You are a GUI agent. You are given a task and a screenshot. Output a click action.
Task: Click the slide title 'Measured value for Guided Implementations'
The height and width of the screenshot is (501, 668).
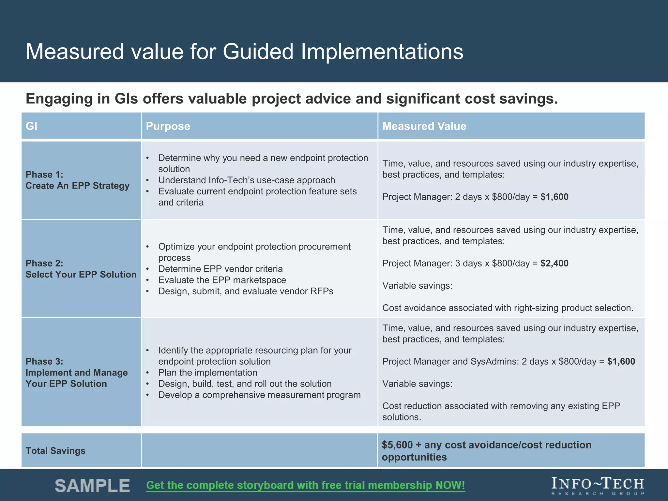[244, 52]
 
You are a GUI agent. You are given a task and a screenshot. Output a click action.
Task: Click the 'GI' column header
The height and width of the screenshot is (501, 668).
[32, 126]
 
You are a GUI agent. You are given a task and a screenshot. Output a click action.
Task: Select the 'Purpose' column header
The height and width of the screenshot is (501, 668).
[168, 126]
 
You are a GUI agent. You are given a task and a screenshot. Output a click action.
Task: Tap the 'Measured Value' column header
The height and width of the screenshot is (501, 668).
[424, 126]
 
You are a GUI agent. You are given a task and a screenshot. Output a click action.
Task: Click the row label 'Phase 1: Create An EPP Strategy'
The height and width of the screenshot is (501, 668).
[77, 180]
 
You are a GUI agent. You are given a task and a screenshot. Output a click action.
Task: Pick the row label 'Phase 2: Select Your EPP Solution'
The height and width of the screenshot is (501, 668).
[81, 269]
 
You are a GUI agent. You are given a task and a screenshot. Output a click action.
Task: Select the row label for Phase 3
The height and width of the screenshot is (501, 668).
[76, 372]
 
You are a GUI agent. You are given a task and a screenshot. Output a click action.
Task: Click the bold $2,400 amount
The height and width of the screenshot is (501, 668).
[554, 263]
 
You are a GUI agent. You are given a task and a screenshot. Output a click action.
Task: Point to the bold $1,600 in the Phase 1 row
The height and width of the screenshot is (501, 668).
[554, 197]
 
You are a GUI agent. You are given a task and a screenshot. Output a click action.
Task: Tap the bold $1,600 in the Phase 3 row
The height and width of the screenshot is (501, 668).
[621, 361]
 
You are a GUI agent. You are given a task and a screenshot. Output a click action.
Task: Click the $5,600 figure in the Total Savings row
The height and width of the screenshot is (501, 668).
[397, 445]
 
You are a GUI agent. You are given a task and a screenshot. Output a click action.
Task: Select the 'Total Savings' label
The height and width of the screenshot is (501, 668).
[55, 451]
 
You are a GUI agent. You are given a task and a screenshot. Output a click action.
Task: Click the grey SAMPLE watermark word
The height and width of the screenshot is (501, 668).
[92, 486]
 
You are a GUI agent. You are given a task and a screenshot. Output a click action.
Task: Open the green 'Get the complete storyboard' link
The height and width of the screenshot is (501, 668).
[305, 485]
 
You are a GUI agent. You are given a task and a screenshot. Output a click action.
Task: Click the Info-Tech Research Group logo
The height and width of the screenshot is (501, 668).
[598, 486]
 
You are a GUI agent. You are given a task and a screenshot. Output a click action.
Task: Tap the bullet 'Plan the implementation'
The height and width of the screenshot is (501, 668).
[207, 372]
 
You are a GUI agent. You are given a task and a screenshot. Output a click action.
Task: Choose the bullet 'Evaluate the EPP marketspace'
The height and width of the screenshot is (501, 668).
[222, 280]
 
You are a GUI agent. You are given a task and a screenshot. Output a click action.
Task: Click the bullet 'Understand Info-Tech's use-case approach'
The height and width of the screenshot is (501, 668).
[246, 180]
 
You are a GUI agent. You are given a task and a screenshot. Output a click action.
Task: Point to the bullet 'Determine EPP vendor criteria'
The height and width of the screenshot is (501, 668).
[220, 269]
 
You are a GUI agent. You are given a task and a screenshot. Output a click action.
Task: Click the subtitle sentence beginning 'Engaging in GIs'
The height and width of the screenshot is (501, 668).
[292, 99]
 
